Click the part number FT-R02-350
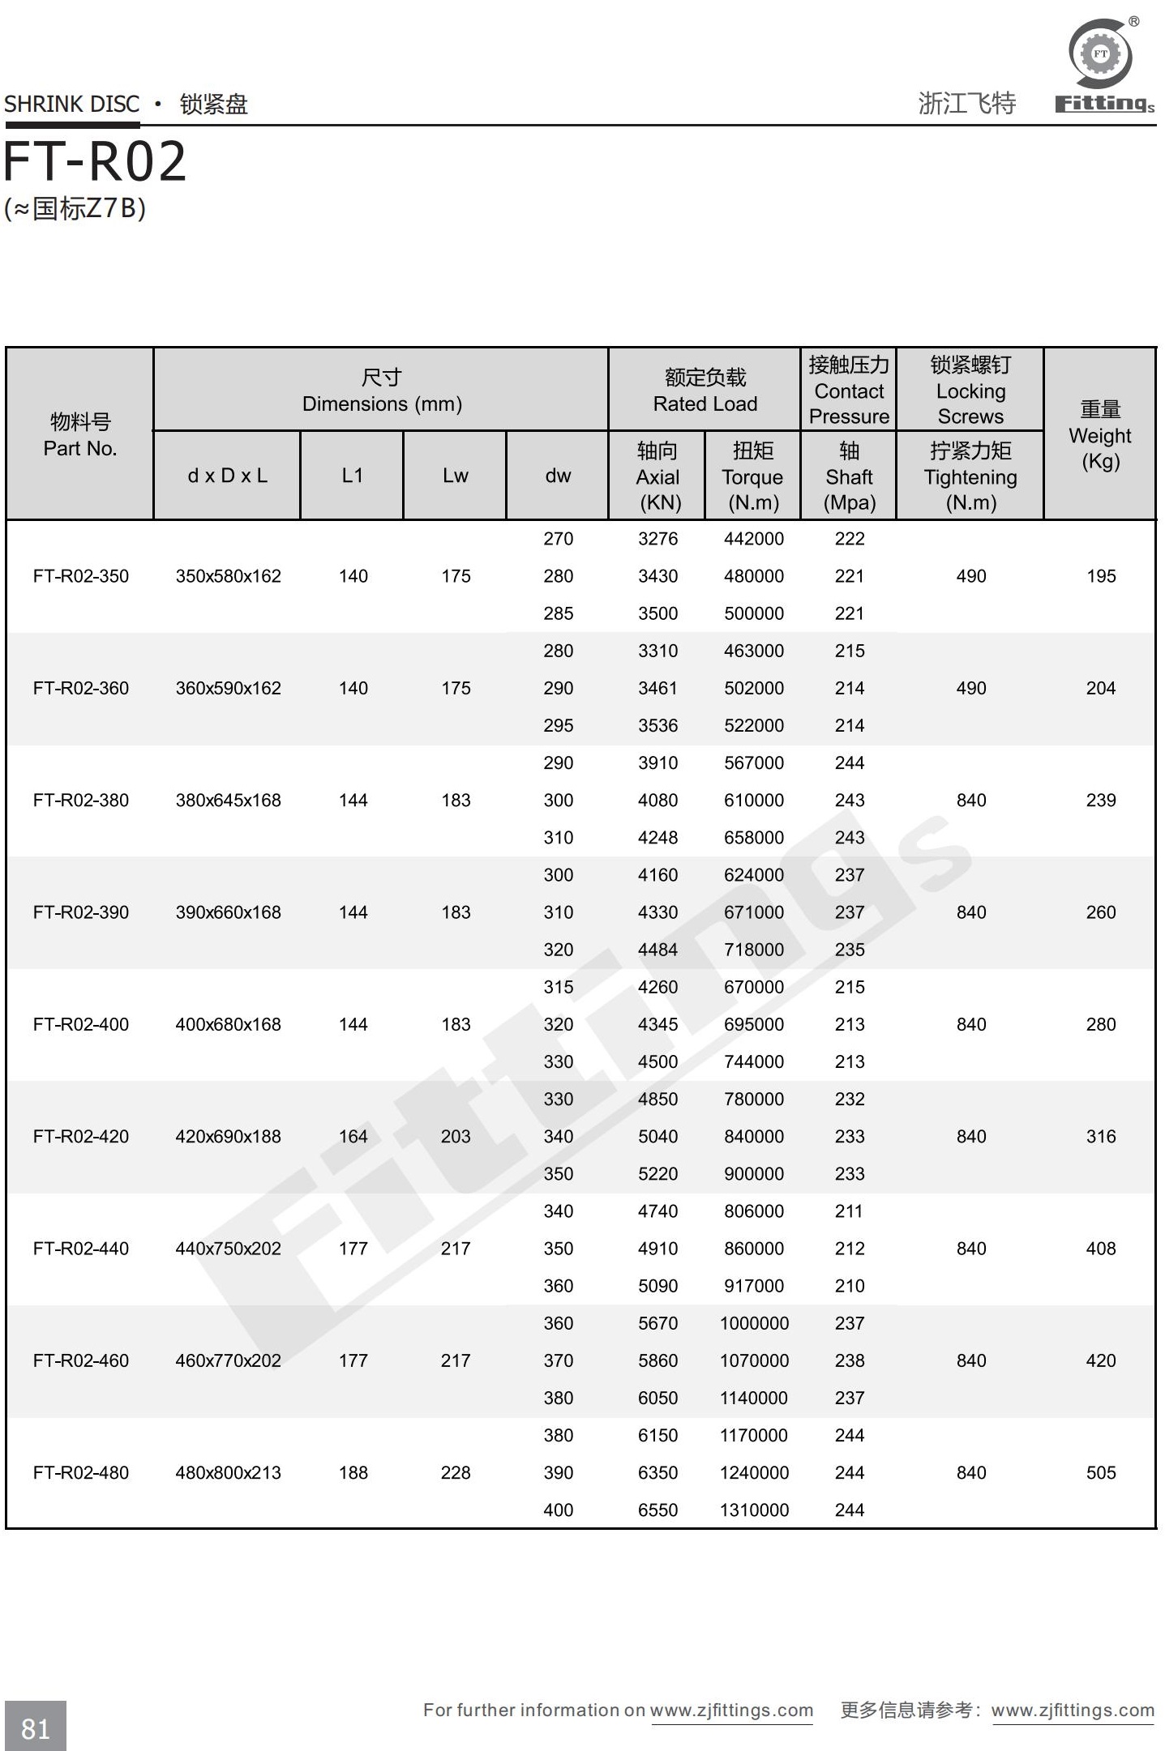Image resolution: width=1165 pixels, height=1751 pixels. pyautogui.click(x=80, y=576)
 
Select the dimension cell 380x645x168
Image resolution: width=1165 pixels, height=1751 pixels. pyautogui.click(x=228, y=800)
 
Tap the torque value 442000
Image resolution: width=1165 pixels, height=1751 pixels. pyautogui.click(x=753, y=539)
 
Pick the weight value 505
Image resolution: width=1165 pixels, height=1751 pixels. pyautogui.click(x=1100, y=1472)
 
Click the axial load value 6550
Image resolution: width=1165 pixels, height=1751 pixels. pyautogui.click(x=657, y=1510)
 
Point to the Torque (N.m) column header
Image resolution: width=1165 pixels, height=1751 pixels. pyautogui.click(x=752, y=476)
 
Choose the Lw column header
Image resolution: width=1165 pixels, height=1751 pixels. pyautogui.click(x=455, y=476)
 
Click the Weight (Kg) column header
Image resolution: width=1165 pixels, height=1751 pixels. pyautogui.click(x=1099, y=435)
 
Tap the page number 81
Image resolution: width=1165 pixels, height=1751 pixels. pyautogui.click(x=36, y=1728)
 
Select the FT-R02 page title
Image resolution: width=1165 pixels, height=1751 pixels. pyautogui.click(x=96, y=161)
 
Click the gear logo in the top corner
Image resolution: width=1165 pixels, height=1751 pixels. pyautogui.click(x=1100, y=54)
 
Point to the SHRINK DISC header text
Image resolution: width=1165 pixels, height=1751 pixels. pyautogui.click(x=72, y=105)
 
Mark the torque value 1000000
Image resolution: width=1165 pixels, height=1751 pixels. pyautogui.click(x=753, y=1323)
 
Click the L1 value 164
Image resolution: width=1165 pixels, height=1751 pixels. pyautogui.click(x=353, y=1136)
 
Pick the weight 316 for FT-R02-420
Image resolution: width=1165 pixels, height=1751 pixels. pyautogui.click(x=1100, y=1136)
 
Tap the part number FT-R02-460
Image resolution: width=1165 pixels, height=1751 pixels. pyautogui.click(x=80, y=1360)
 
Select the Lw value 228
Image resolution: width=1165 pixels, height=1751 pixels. pyautogui.click(x=455, y=1472)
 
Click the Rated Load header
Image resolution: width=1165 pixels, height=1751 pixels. pyautogui.click(x=705, y=391)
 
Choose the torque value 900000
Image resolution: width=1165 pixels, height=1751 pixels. pyautogui.click(x=753, y=1173)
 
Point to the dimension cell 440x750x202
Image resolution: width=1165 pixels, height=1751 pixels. pyautogui.click(x=228, y=1249)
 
